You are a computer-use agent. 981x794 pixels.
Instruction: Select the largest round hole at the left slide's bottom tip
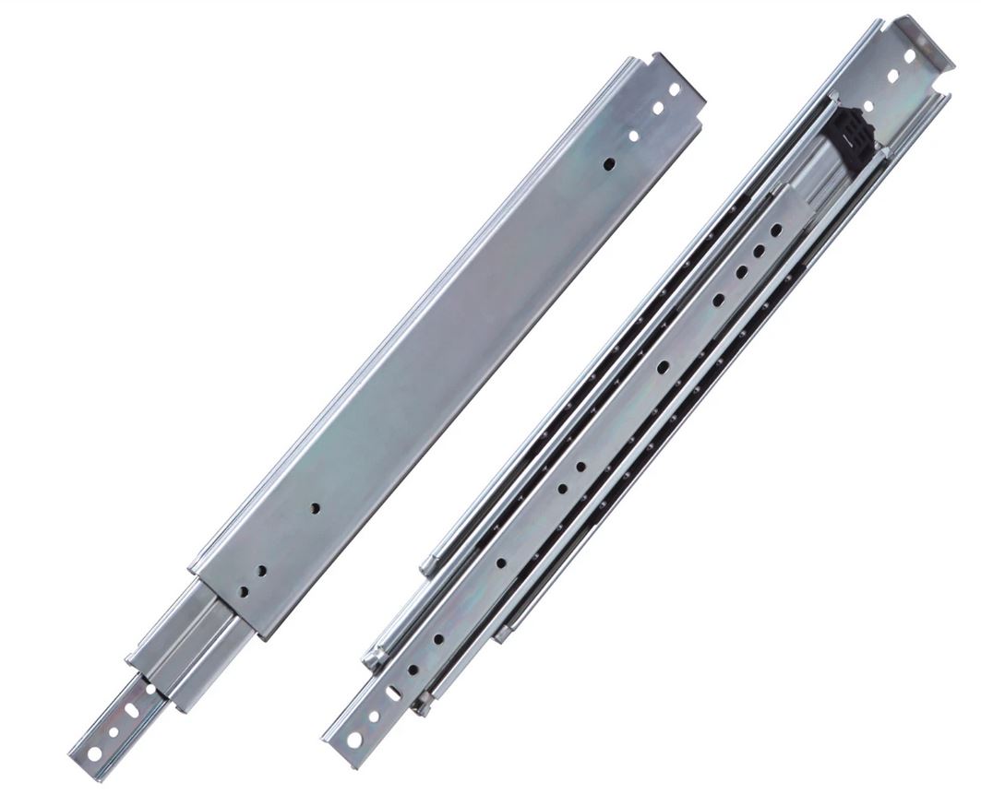pyautogui.click(x=94, y=753)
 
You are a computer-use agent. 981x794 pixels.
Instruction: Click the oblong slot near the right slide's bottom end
pyautogui.click(x=394, y=693)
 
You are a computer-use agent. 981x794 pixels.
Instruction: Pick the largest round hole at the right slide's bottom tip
pyautogui.click(x=354, y=739)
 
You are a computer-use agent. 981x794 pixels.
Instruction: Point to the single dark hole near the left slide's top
pyautogui.click(x=609, y=164)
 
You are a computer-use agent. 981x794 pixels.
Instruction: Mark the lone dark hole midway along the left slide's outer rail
pyautogui.click(x=315, y=508)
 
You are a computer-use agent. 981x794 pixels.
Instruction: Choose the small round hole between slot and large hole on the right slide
pyautogui.click(x=375, y=716)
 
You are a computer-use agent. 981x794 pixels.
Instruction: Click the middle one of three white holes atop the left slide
pyautogui.click(x=657, y=109)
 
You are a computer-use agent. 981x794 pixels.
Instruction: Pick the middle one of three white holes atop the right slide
pyautogui.click(x=892, y=76)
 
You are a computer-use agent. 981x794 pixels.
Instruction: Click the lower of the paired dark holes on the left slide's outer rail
pyautogui.click(x=245, y=592)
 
